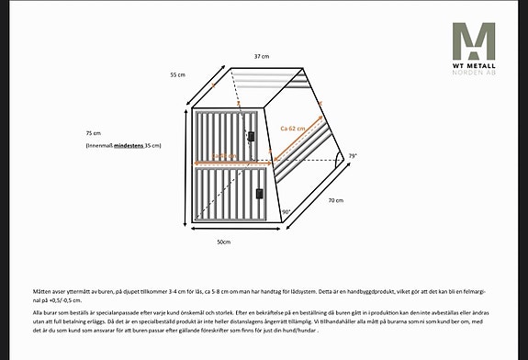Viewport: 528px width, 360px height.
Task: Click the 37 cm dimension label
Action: (x=262, y=57)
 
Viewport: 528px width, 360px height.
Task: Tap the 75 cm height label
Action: (x=92, y=132)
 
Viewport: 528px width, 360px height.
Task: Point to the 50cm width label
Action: (x=223, y=242)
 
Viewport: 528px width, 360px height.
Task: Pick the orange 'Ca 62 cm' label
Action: (x=293, y=129)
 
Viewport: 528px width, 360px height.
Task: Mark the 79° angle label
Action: (x=352, y=157)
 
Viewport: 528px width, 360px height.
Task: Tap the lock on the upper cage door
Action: (x=251, y=136)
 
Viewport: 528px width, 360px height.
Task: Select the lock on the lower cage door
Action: (x=260, y=194)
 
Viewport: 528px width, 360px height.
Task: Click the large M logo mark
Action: (x=473, y=40)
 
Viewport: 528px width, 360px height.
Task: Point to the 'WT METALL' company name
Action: (x=473, y=66)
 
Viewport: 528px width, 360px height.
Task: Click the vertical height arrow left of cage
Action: (x=187, y=166)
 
